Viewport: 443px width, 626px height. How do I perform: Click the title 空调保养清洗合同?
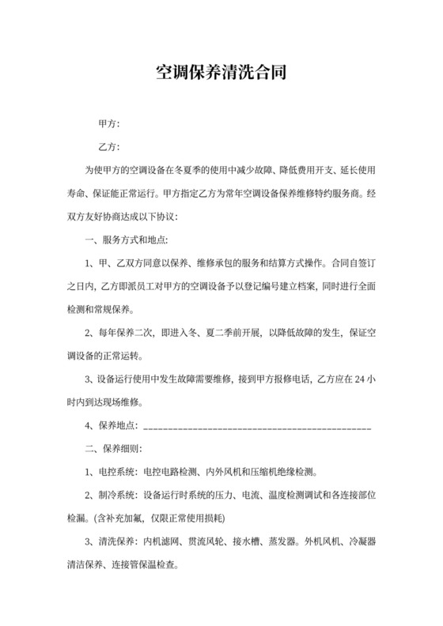(x=221, y=74)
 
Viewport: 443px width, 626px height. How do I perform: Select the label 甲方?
(x=108, y=124)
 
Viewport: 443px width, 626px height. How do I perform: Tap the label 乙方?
(x=108, y=147)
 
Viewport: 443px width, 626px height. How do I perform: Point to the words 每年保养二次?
(x=124, y=333)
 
